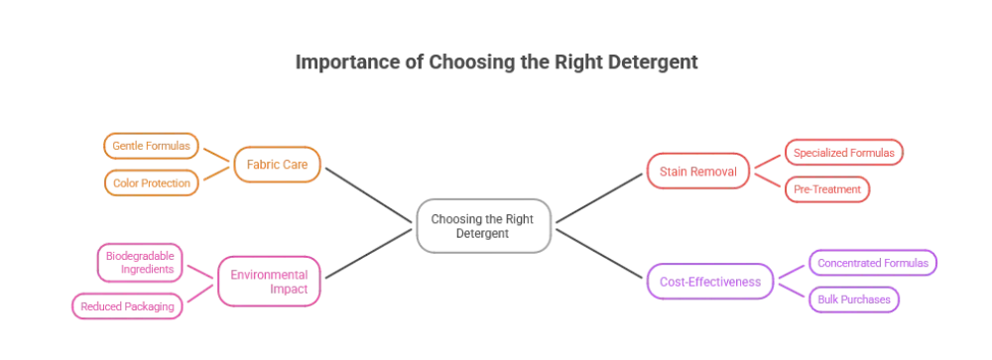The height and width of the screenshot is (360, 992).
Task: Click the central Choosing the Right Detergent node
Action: tap(483, 226)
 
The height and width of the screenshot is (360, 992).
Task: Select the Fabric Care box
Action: tap(277, 165)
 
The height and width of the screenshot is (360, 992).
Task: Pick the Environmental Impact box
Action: tap(269, 281)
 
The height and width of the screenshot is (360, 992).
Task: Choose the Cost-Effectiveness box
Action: tap(710, 282)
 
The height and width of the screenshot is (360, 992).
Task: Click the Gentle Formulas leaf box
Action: tap(151, 146)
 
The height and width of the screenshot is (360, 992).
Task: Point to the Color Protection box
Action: tap(151, 182)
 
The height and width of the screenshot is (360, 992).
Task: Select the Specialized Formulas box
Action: tap(844, 153)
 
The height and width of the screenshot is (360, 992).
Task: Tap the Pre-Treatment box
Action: tap(827, 189)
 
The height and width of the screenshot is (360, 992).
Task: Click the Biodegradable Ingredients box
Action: tap(140, 263)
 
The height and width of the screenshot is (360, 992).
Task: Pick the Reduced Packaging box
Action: tap(127, 306)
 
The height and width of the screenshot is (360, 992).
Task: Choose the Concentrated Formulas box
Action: tap(873, 263)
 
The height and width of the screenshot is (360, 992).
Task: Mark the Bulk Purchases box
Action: tap(854, 300)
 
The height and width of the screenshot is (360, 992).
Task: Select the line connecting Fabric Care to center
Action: tap(368, 194)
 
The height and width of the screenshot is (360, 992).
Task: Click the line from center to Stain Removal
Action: tap(599, 198)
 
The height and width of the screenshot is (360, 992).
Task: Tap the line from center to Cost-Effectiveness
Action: tap(599, 254)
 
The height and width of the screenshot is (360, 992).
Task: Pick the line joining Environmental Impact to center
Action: tap(368, 254)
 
